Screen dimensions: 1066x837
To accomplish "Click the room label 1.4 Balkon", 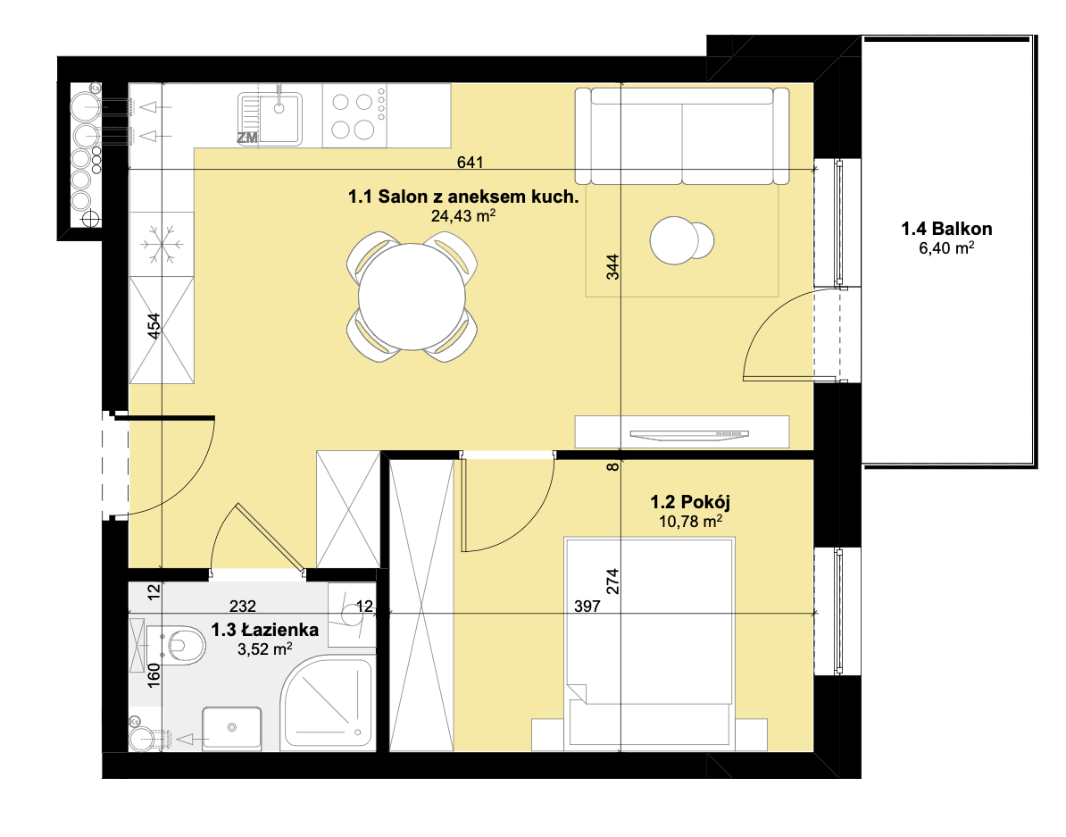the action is pos(946,229).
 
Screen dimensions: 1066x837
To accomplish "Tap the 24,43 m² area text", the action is pos(463,215).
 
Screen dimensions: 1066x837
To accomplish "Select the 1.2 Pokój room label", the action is pos(690,502).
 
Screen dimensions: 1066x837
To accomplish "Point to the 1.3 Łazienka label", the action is pos(264,630).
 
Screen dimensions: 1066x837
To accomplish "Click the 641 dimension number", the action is pos(470,162).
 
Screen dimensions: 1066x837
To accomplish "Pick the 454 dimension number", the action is pos(154,326).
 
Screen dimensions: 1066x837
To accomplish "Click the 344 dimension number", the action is pos(612,267).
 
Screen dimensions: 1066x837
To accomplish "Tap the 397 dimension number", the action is pos(587,606).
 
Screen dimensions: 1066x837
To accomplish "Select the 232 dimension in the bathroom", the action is pos(243,606).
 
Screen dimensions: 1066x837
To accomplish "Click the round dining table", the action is pos(412,297).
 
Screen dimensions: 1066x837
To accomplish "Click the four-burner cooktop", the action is pos(354,116).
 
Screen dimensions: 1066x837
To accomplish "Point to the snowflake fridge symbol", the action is pos(162,244).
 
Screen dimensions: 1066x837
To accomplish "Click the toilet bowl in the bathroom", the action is pos(184,644).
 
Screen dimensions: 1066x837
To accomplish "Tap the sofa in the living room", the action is pos(682,136).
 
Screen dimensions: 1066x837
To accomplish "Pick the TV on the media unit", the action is pos(688,435).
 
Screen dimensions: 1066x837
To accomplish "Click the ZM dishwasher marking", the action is pos(247,138).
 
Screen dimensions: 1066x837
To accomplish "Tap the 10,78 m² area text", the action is pos(690,522).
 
